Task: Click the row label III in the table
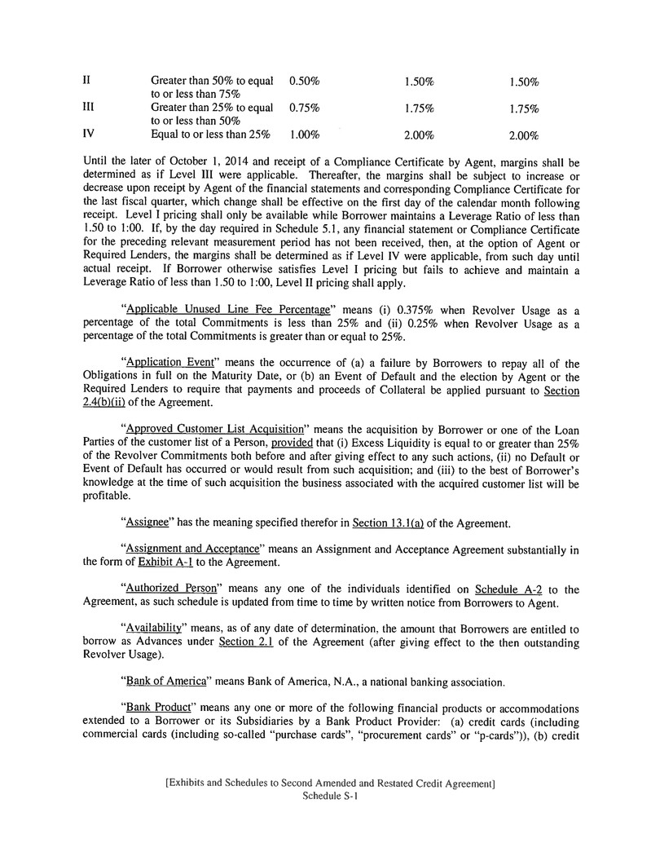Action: [90, 108]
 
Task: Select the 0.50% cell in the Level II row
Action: [304, 82]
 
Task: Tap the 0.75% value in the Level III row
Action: [304, 108]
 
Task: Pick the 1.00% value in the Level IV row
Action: [304, 134]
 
